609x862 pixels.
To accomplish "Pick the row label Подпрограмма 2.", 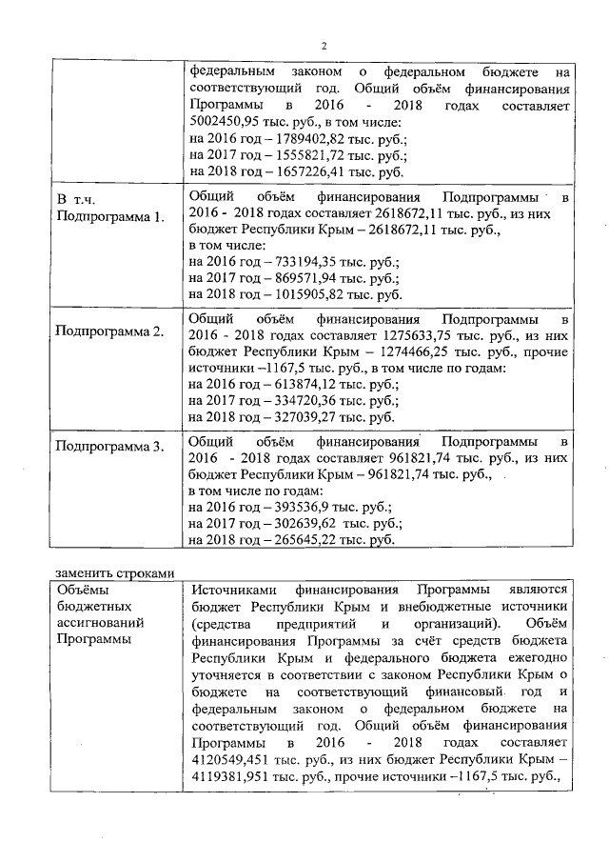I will [109, 331].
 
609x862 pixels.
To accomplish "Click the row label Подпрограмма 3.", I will [109, 446].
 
